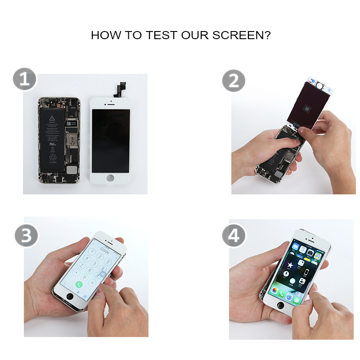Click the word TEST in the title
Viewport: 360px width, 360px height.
pyautogui.click(x=162, y=35)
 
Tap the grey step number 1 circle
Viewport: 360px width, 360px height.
pyautogui.click(x=24, y=80)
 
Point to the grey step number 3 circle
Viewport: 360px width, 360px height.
pyautogui.click(x=26, y=235)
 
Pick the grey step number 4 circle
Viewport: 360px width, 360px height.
pyautogui.click(x=234, y=235)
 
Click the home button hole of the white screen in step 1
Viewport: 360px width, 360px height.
pyautogui.click(x=111, y=178)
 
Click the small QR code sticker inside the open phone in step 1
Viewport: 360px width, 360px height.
pyautogui.click(x=69, y=123)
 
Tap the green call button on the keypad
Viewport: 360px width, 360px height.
pyautogui.click(x=79, y=284)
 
